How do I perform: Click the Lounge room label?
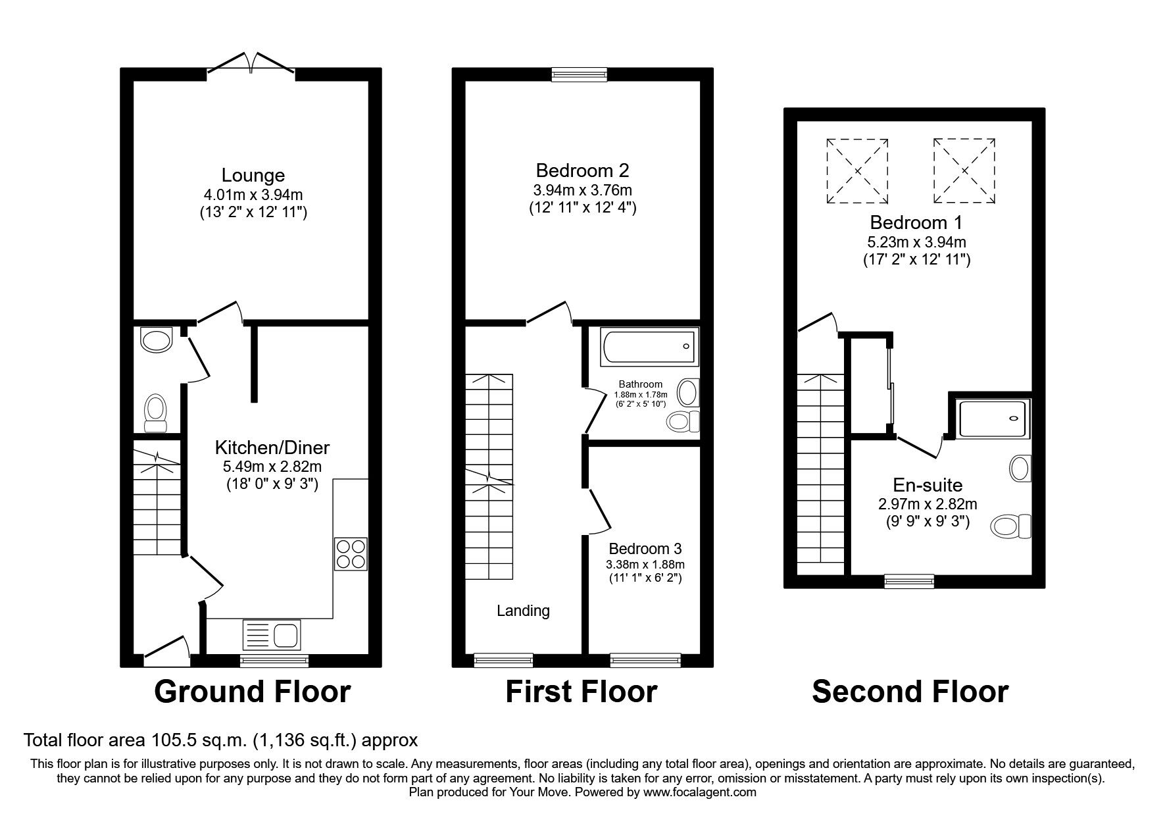pyautogui.click(x=253, y=175)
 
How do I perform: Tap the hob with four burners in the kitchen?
pyautogui.click(x=351, y=553)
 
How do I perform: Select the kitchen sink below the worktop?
pyautogui.click(x=272, y=635)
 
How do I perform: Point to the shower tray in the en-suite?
pyautogui.click(x=992, y=419)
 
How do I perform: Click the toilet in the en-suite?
pyautogui.click(x=1012, y=526)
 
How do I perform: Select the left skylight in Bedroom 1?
pyautogui.click(x=858, y=170)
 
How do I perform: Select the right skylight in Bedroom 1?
pyautogui.click(x=964, y=170)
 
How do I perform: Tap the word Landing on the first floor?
pyautogui.click(x=523, y=611)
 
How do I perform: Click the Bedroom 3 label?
pyautogui.click(x=645, y=548)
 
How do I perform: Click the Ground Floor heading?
pyautogui.click(x=252, y=692)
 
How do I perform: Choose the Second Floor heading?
pyautogui.click(x=910, y=692)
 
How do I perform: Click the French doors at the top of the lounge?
pyautogui.click(x=251, y=64)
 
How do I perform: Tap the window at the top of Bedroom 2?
pyautogui.click(x=579, y=74)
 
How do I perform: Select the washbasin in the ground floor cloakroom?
pyautogui.click(x=155, y=340)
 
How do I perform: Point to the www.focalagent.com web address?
pyautogui.click(x=699, y=793)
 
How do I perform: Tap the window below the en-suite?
pyautogui.click(x=909, y=580)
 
